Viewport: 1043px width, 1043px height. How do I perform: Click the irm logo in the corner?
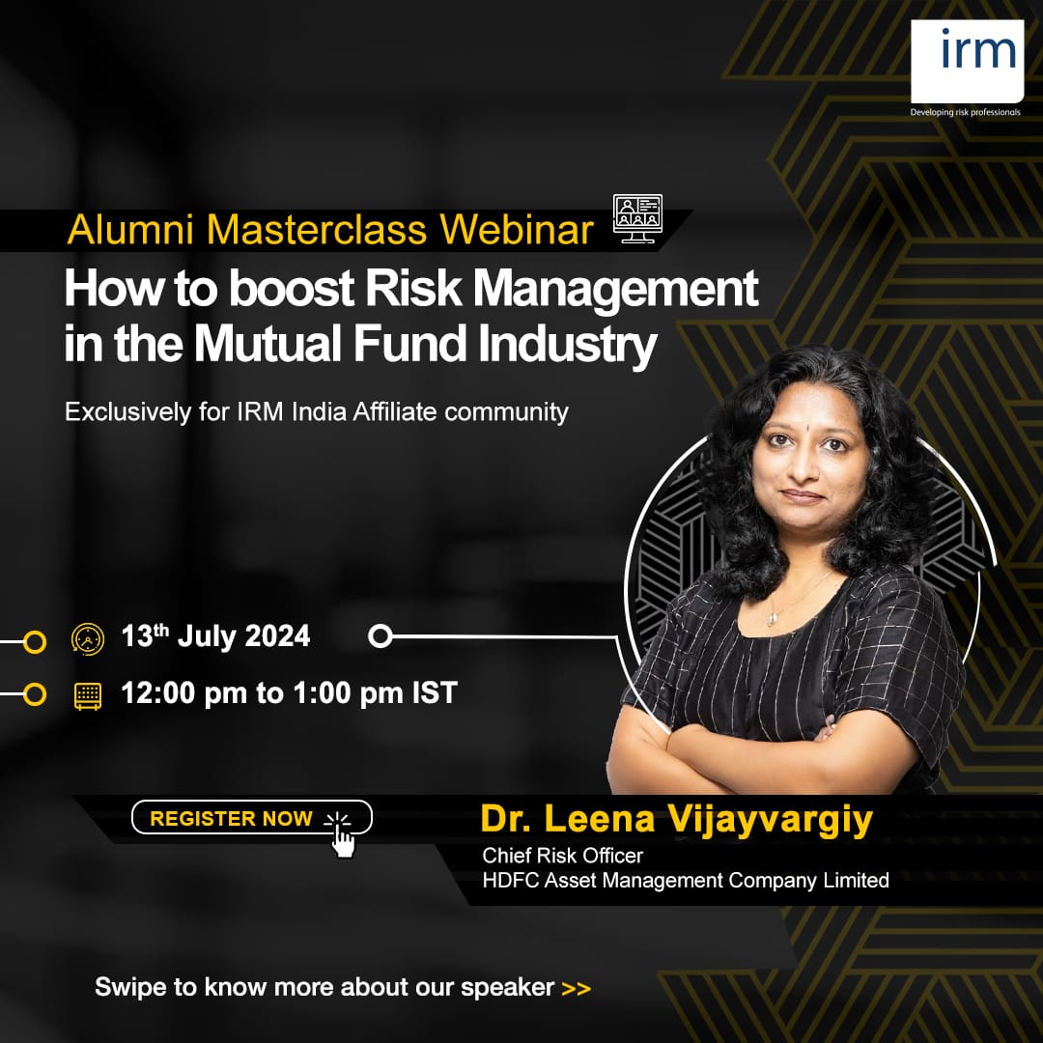[967, 61]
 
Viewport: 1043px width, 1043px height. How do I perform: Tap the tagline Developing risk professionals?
[965, 112]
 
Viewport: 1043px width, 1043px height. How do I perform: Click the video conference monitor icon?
[637, 219]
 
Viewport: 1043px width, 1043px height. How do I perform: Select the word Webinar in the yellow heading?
[516, 230]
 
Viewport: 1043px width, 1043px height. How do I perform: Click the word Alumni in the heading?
[130, 230]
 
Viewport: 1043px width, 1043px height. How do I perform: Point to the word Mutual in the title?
[268, 343]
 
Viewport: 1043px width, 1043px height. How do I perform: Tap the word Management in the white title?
[615, 289]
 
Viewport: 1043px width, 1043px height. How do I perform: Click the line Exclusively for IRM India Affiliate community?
[317, 411]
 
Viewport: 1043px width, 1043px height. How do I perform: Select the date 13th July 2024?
[215, 635]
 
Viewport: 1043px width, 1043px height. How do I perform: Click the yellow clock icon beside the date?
[88, 639]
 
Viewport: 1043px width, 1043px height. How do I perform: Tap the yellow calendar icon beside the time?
[88, 695]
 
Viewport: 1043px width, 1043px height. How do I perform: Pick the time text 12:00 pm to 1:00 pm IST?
[290, 693]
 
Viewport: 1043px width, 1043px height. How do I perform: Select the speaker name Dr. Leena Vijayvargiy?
[676, 819]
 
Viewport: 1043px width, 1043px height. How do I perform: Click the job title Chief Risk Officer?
[563, 856]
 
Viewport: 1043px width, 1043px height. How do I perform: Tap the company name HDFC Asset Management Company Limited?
[686, 880]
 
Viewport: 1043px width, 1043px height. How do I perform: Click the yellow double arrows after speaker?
[576, 989]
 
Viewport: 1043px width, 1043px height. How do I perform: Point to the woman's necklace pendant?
[771, 620]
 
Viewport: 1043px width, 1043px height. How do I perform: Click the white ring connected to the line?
[380, 635]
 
